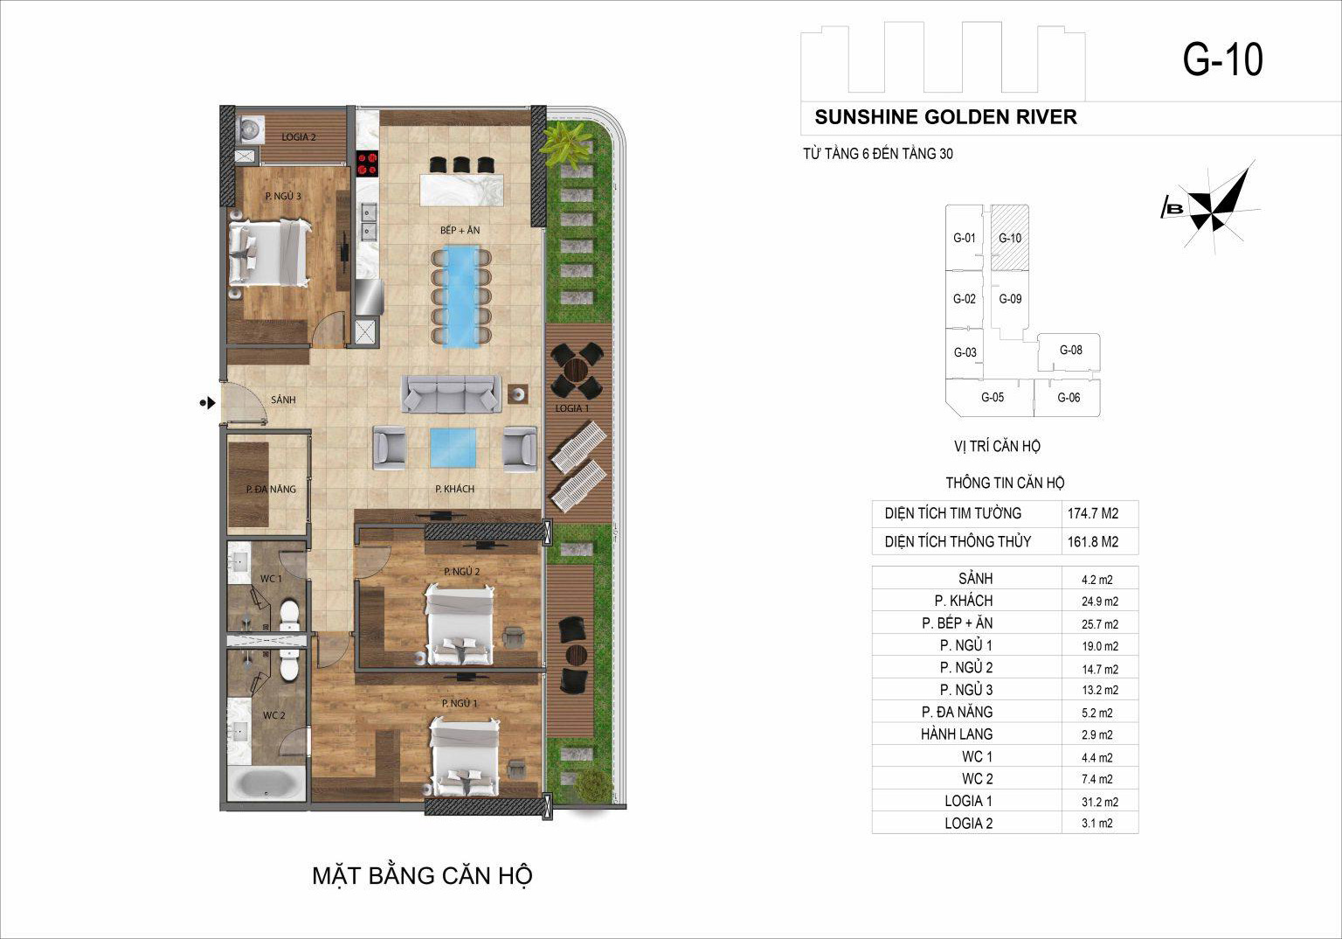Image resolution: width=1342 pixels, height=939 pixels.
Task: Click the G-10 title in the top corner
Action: pyautogui.click(x=1223, y=60)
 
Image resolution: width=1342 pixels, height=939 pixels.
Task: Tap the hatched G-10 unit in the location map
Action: pyautogui.click(x=1009, y=238)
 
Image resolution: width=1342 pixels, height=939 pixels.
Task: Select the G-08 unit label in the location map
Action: pyautogui.click(x=1070, y=351)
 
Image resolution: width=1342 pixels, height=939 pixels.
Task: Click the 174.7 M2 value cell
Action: pyautogui.click(x=1093, y=513)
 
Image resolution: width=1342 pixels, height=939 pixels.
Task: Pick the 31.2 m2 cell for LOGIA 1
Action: pyautogui.click(x=1100, y=802)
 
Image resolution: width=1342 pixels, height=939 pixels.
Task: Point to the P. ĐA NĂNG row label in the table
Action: pyautogui.click(x=957, y=712)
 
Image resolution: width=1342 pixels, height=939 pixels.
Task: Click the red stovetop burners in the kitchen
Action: pyautogui.click(x=367, y=163)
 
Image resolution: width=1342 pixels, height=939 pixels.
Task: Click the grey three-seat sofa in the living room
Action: pyautogui.click(x=451, y=394)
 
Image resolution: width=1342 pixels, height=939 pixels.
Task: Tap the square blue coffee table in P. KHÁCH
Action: pyautogui.click(x=453, y=448)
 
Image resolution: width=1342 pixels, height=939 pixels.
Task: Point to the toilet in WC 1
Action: pyautogui.click(x=289, y=616)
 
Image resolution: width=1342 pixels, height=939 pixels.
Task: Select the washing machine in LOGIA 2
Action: pyautogui.click(x=251, y=129)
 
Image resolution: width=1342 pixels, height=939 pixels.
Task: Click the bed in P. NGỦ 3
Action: pyautogui.click(x=269, y=252)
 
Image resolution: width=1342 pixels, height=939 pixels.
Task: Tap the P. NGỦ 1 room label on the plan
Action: pyautogui.click(x=460, y=703)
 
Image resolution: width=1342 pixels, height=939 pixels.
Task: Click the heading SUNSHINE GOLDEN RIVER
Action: pyautogui.click(x=945, y=117)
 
